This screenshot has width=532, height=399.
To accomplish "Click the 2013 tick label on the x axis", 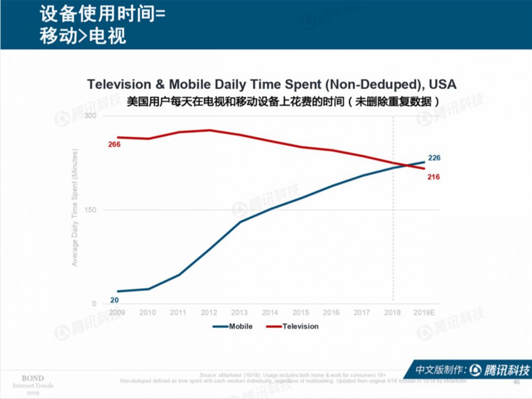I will point(239,312).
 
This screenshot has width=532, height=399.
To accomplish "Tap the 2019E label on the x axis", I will point(424,312).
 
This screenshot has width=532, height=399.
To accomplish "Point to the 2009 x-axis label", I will point(117,312).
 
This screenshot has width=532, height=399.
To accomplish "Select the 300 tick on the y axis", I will point(91,116).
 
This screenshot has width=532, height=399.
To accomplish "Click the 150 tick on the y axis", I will point(91,210).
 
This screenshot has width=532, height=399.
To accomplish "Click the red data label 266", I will point(114,144).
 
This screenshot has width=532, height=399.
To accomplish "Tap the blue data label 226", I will point(434,158).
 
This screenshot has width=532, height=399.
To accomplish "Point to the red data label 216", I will point(433,177).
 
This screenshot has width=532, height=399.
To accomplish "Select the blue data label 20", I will point(114,299).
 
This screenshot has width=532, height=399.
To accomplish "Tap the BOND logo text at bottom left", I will point(33,378).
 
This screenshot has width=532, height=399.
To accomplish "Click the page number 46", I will point(516,382).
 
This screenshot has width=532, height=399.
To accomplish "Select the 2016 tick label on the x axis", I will point(331,312).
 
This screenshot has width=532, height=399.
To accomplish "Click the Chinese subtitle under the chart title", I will point(282,101).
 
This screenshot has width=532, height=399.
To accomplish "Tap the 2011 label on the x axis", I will point(178,312).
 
